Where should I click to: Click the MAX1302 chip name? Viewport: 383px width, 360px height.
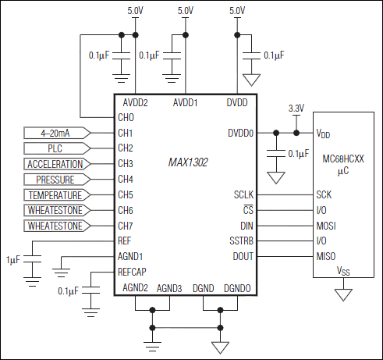[187, 163]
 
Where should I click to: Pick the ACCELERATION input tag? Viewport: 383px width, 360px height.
[57, 164]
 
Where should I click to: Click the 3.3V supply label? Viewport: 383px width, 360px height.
[296, 108]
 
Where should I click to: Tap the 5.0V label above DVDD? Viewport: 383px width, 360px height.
[237, 10]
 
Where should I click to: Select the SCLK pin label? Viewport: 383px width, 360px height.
[243, 195]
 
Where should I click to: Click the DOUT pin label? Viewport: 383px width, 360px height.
[243, 256]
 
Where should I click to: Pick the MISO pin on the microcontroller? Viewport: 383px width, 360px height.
[324, 256]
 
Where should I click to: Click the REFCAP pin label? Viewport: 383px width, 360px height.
[132, 272]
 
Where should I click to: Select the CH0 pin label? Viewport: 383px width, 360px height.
[126, 117]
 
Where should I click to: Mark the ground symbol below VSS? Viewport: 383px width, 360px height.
[340, 294]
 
